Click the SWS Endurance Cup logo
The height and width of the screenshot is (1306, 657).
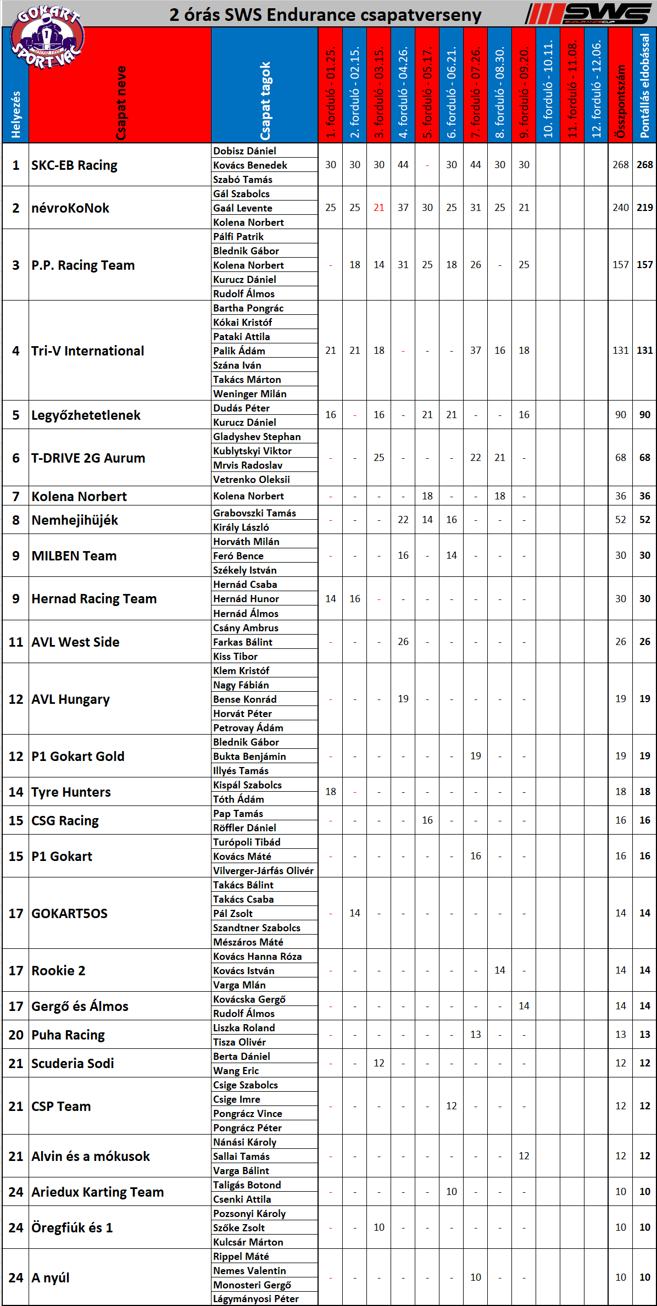pyautogui.click(x=588, y=14)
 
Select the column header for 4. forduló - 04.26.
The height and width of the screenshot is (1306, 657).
pyautogui.click(x=403, y=91)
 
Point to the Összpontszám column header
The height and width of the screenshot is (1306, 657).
pyautogui.click(x=621, y=102)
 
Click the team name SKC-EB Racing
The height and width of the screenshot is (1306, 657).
pyautogui.click(x=74, y=165)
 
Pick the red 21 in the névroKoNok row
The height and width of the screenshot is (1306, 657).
pyautogui.click(x=379, y=208)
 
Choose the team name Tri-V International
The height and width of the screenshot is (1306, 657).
pyautogui.click(x=88, y=351)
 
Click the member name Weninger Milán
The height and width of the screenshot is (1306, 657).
pyautogui.click(x=250, y=394)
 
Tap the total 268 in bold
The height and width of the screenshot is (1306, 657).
pyautogui.click(x=645, y=165)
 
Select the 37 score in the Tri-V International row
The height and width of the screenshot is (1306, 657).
pyautogui.click(x=476, y=351)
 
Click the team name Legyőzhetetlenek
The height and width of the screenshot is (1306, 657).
pyautogui.click(x=86, y=415)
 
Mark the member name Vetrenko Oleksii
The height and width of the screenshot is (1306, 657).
pyautogui.click(x=252, y=480)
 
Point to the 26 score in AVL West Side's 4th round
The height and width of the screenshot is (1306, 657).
pyautogui.click(x=403, y=642)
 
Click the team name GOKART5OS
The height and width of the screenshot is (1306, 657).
pyautogui.click(x=69, y=914)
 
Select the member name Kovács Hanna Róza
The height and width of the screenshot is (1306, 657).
pyautogui.click(x=258, y=957)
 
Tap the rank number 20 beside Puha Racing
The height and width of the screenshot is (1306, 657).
pyautogui.click(x=16, y=1035)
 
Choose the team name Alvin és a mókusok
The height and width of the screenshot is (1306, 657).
pyautogui.click(x=91, y=1157)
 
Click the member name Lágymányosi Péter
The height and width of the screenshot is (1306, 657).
pyautogui.click(x=256, y=1299)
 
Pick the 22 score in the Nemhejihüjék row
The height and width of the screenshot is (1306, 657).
pyautogui.click(x=403, y=520)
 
